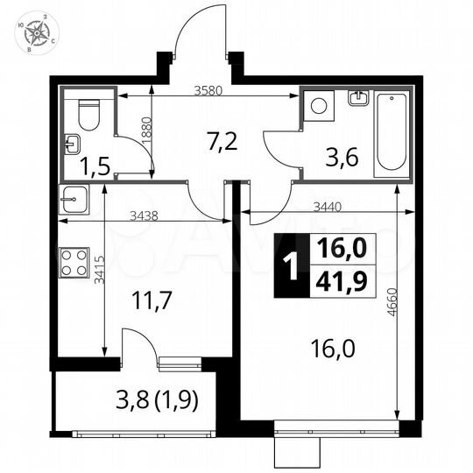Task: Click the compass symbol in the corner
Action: point(36,32)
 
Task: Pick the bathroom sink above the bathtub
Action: point(357,99)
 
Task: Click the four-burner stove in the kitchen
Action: point(74,260)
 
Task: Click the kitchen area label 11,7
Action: point(153,300)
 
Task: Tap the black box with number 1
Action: point(286,265)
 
